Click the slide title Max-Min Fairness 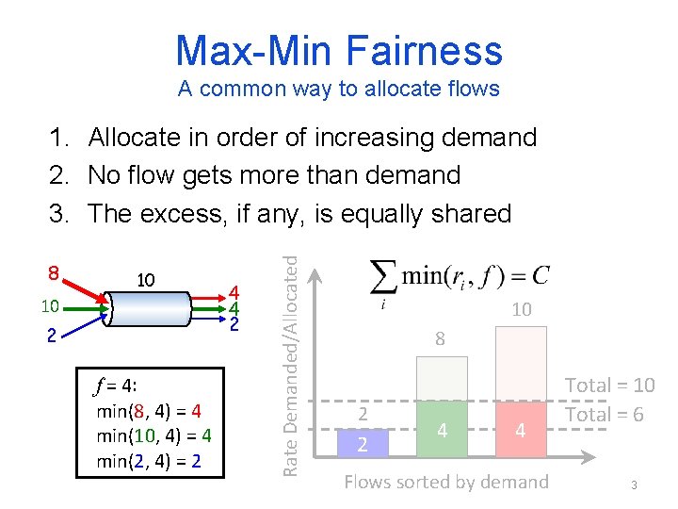pyautogui.click(x=339, y=50)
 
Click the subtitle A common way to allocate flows pyautogui.click(x=339, y=90)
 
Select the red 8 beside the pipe pyautogui.click(x=55, y=274)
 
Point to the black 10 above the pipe pyautogui.click(x=146, y=281)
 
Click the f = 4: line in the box pyautogui.click(x=119, y=386)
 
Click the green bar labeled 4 pyautogui.click(x=441, y=430)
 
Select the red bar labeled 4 pyautogui.click(x=520, y=430)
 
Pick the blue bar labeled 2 pyautogui.click(x=363, y=441)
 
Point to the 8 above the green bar pyautogui.click(x=440, y=338)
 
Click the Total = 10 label pyautogui.click(x=609, y=385)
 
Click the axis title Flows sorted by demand pyautogui.click(x=445, y=482)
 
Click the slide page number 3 pyautogui.click(x=635, y=484)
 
